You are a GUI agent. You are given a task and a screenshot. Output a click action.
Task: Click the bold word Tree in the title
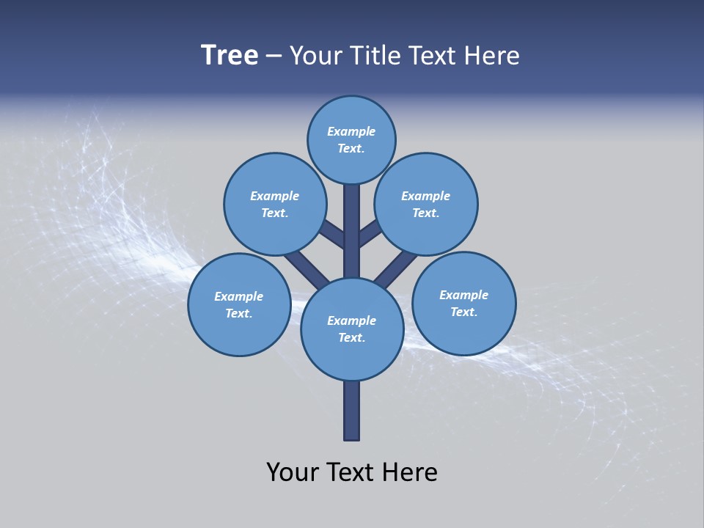pos(230,55)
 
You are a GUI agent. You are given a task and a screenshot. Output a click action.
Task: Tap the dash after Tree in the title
pos(274,56)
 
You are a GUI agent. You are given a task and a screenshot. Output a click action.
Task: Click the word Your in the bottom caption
pos(293,472)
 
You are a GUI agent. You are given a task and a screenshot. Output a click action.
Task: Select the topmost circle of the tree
pos(351,139)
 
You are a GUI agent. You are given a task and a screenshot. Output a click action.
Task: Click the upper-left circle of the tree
pos(274,204)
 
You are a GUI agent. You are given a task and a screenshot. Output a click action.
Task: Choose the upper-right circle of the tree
pos(426,204)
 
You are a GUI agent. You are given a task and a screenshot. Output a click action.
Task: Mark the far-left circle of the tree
pos(239,304)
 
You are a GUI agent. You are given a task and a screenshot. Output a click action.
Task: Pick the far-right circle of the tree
pos(463,304)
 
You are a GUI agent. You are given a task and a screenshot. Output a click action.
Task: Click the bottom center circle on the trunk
pos(351,329)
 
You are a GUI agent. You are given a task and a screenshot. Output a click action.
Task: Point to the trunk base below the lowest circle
pos(351,411)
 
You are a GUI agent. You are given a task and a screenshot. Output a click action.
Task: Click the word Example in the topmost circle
pos(351,131)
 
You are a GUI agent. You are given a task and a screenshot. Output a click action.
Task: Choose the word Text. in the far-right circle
pos(463,312)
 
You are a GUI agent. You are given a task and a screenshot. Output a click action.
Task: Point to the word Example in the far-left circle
pos(239,296)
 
